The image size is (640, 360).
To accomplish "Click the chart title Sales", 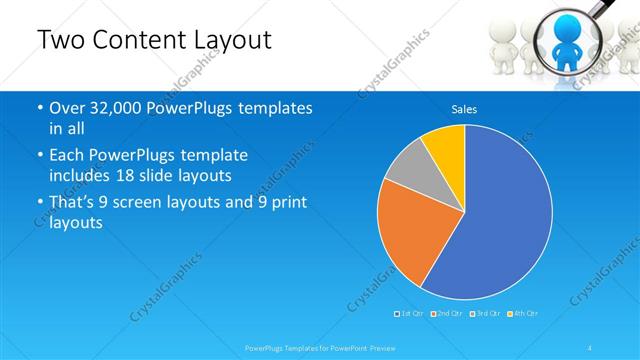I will pyautogui.click(x=464, y=108).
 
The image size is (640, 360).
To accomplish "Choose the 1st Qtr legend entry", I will pyautogui.click(x=408, y=314).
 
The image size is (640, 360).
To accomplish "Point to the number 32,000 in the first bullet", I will pyautogui.click(x=114, y=108).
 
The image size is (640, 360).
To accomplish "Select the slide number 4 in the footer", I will pyautogui.click(x=590, y=347).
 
